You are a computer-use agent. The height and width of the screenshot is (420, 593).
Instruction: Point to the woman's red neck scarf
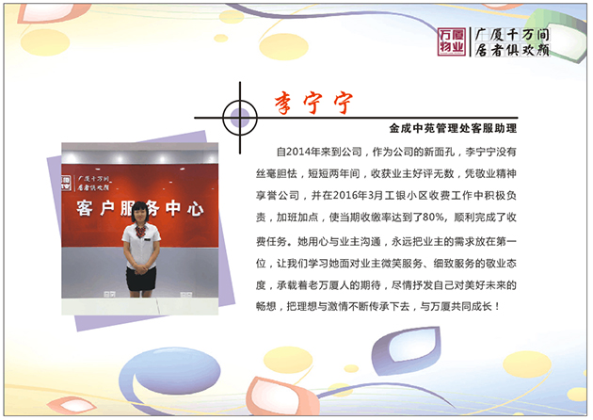[140, 229]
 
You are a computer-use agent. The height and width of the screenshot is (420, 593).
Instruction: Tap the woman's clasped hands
[141, 267]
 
